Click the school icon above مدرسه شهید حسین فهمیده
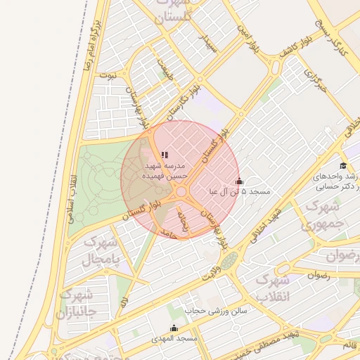tap(165, 155)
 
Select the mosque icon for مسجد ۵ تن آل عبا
tap(239, 181)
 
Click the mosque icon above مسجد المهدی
tap(174, 328)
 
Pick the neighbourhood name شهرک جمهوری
tap(322, 216)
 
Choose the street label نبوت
tap(108, 74)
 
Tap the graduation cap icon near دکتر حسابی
tap(343, 165)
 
